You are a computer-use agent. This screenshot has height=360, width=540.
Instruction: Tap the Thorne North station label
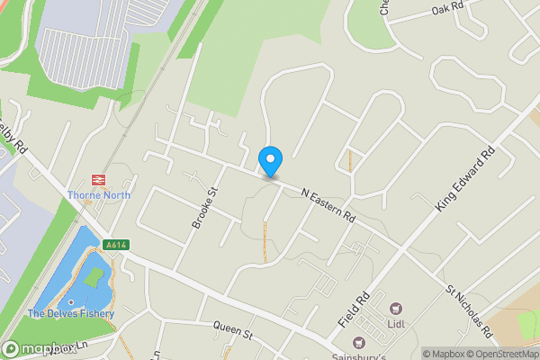98,194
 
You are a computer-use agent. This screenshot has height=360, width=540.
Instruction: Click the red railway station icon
98,179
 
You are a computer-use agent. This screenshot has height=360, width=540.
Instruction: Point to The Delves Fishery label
71,314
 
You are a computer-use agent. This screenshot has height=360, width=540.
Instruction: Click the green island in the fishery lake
94,277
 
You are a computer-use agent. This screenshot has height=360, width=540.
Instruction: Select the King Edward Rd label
465,180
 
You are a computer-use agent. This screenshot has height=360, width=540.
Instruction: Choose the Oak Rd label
446,9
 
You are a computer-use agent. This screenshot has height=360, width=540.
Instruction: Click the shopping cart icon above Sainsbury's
359,342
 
